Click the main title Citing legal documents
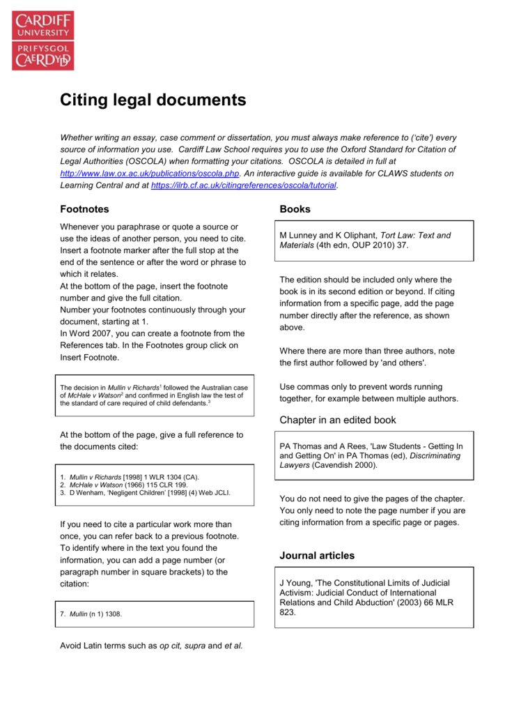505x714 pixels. tap(153, 100)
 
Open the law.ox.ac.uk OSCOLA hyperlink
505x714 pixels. tap(150, 173)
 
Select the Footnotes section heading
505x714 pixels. tap(84, 209)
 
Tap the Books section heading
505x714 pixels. tap(295, 209)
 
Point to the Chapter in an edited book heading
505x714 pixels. tap(337, 420)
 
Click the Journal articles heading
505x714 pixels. tap(317, 556)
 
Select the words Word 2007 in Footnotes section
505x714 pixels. tap(92, 333)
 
